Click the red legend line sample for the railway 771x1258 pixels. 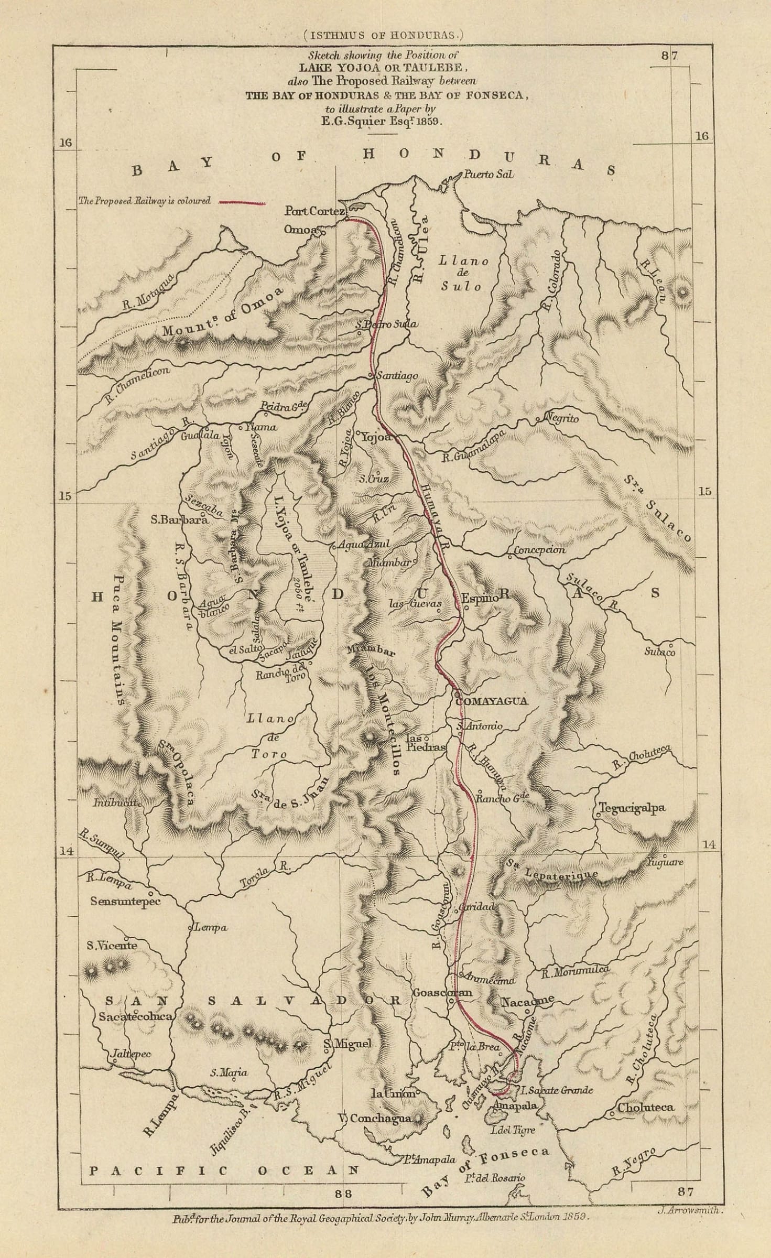pos(241,202)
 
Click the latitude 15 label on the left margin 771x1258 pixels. pos(65,495)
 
